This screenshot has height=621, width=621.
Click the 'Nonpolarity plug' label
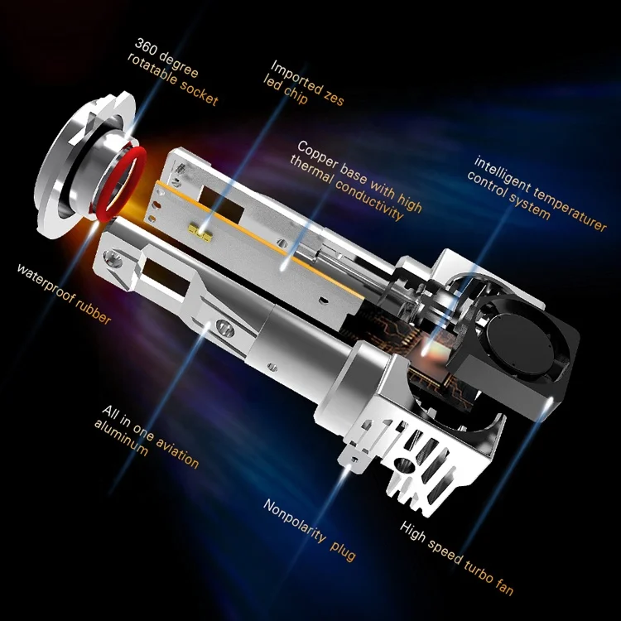[x=308, y=530]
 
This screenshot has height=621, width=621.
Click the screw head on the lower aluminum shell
[x=224, y=327]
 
